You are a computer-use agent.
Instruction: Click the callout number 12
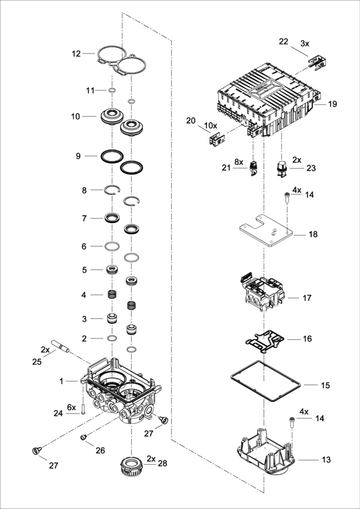[x=76, y=53]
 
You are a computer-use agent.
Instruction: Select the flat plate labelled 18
[x=266, y=232]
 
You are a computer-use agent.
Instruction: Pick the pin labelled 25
[x=60, y=346]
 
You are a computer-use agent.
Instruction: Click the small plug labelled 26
[x=83, y=438]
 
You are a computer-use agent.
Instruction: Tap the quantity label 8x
[x=239, y=162]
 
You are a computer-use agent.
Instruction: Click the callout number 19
[x=332, y=104]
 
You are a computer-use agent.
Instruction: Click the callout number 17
[x=307, y=298]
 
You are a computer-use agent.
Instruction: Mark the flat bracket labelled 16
[x=265, y=341]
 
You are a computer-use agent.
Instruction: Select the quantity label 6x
[x=71, y=407]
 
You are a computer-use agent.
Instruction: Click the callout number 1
[x=61, y=381]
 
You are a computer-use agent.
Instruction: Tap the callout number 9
[x=78, y=156]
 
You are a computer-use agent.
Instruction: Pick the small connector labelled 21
[x=253, y=168]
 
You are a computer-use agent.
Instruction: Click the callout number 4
[x=84, y=295]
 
